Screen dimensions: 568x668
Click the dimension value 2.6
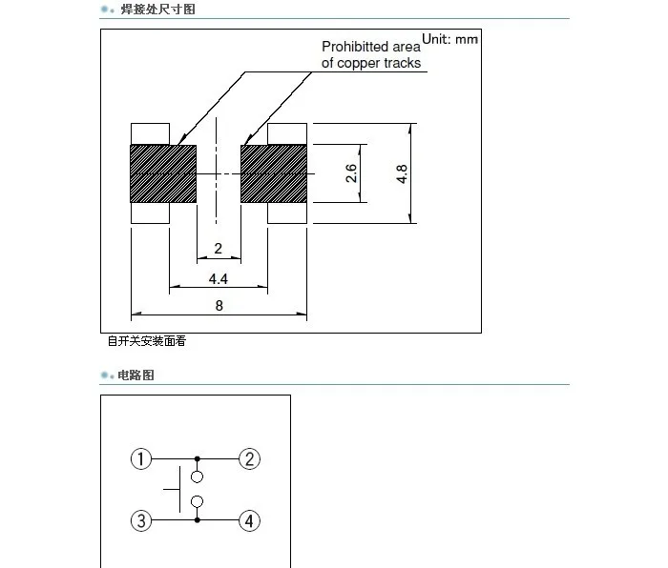click(x=351, y=173)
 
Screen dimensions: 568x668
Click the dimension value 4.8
click(x=403, y=173)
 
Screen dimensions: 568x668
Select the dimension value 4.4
click(x=219, y=279)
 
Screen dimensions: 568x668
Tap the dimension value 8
click(x=219, y=306)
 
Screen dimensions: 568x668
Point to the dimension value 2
click(x=219, y=250)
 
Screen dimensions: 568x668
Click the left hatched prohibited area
click(x=162, y=173)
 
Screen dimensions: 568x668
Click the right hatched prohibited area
click(x=275, y=173)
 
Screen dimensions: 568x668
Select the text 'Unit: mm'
click(x=450, y=39)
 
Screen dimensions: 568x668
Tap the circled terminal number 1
click(x=141, y=459)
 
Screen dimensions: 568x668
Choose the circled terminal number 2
click(x=249, y=459)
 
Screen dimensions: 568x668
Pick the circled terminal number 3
click(x=141, y=520)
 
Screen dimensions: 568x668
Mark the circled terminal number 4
click(x=249, y=520)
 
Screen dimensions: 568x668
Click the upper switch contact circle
click(x=198, y=477)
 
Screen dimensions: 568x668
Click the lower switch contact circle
click(x=198, y=502)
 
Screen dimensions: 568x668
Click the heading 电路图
click(x=136, y=375)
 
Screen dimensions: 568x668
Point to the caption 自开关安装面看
click(x=146, y=341)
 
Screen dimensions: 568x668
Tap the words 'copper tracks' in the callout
click(x=384, y=63)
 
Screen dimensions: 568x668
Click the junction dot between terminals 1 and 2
click(x=198, y=459)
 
